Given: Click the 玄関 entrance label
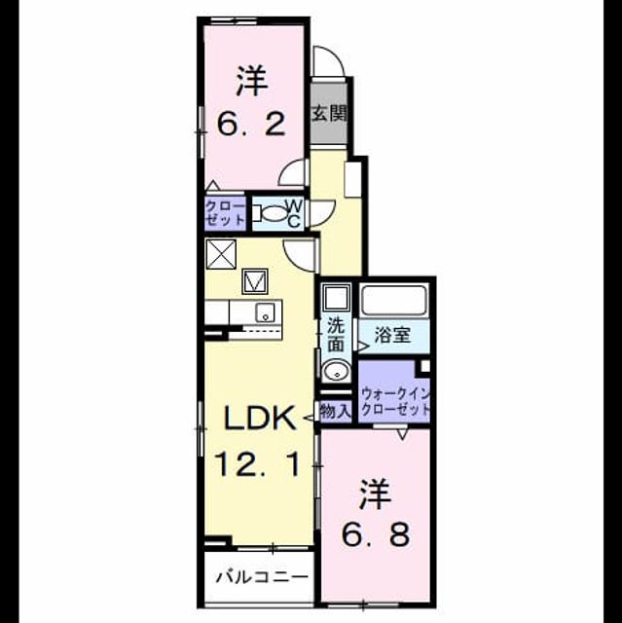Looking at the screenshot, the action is pyautogui.click(x=329, y=114).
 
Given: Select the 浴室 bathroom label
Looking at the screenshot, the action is pyautogui.click(x=392, y=335).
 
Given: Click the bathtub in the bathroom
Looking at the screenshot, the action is pyautogui.click(x=393, y=300).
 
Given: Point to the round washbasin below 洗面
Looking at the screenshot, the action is pyautogui.click(x=337, y=372).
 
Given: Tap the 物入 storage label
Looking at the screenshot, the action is pyautogui.click(x=335, y=411).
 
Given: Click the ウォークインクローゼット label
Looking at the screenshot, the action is pyautogui.click(x=396, y=402).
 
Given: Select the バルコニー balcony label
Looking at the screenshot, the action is pyautogui.click(x=262, y=577).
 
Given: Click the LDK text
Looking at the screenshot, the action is pyautogui.click(x=260, y=418).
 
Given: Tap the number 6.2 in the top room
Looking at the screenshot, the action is pyautogui.click(x=251, y=124).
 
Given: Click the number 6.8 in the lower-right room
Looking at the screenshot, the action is pyautogui.click(x=376, y=534).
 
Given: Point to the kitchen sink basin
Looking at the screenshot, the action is pyautogui.click(x=265, y=312).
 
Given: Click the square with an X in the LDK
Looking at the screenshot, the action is pyautogui.click(x=221, y=254).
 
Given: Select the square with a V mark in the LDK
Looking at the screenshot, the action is pyautogui.click(x=255, y=281).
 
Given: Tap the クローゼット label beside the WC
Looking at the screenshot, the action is pyautogui.click(x=225, y=213).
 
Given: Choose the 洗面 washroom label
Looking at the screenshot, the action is pyautogui.click(x=336, y=335).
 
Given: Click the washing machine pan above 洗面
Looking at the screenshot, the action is pyautogui.click(x=336, y=298).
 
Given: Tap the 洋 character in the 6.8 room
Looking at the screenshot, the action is pyautogui.click(x=375, y=495).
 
